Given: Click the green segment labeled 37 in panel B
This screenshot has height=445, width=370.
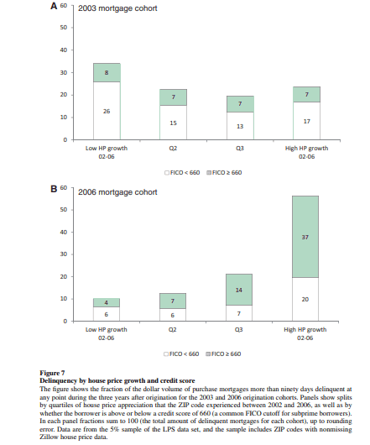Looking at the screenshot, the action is pos(305,237).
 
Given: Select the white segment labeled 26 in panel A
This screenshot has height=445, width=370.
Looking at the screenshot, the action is pos(107,111).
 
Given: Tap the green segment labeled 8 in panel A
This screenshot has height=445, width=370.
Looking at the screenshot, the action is pos(107,73).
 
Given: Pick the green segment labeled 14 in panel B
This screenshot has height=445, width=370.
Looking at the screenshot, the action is pos(239,290).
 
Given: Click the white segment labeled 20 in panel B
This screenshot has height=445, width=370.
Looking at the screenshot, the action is pos(305,299).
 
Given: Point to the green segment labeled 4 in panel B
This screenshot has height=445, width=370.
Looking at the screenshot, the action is pos(107,302).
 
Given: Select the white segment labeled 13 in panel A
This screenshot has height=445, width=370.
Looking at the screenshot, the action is pos(240,126).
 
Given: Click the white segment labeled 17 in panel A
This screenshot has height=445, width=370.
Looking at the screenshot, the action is pos(307,121).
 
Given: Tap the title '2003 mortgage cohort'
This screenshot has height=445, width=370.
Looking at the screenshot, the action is pos(117,8).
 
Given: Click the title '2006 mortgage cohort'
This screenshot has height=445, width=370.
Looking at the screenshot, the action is pos(117,192).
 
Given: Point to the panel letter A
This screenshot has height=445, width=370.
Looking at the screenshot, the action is pos(54,6).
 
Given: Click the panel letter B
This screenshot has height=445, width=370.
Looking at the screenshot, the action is pos(54,189).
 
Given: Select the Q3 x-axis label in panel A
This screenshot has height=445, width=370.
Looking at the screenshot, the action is pos(240,148).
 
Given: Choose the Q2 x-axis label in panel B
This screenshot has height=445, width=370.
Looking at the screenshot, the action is pos(173,329).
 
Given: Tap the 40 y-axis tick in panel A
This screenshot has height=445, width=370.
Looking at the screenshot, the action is pos(64,50).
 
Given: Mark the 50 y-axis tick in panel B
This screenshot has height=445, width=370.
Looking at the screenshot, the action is pos(64,210).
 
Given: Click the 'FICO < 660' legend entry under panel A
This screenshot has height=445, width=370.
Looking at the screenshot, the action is pos(182,173).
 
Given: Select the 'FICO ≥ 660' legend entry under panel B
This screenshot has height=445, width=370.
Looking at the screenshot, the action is pos(223,353).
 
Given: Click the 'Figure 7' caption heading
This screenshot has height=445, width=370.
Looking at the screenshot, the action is pos(52,373).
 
